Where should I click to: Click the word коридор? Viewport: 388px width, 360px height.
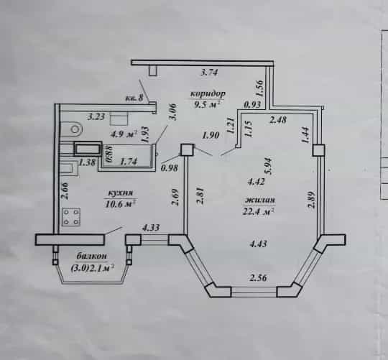208,94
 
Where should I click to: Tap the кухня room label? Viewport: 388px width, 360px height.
121,193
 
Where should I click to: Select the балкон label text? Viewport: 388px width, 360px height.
92,256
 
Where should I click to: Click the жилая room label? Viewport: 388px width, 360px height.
260,200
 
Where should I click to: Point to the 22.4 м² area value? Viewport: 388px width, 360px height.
259,211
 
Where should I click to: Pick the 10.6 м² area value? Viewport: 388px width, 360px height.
121,204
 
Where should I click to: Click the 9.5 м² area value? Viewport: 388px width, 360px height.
208,105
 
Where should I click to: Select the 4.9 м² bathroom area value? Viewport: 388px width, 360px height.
124,134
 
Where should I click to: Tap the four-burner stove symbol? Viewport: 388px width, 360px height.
71,217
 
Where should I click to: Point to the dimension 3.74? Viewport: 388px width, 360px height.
209,73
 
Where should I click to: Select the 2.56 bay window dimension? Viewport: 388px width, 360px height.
259,278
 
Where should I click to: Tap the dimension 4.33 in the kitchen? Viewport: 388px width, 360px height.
150,227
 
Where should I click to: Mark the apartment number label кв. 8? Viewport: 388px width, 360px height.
134,98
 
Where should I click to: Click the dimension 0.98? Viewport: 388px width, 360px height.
170,168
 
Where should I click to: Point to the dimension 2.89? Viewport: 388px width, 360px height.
312,199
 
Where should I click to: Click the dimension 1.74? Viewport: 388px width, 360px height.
128,162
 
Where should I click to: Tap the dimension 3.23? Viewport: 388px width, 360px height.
96,116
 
